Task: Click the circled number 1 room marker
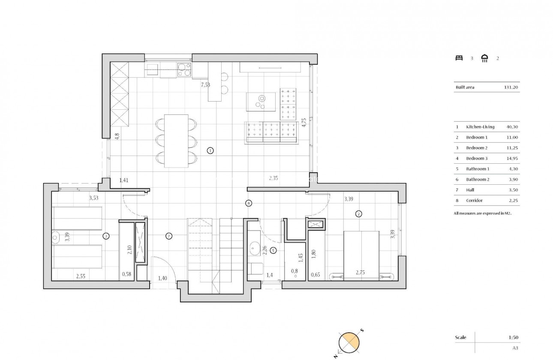point(210,150)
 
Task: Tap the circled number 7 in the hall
point(169,236)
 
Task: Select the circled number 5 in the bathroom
point(273,251)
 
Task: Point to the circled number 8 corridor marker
point(248,203)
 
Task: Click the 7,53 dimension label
point(206,85)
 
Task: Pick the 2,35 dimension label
point(273,178)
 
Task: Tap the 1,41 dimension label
point(123,180)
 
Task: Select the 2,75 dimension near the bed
point(361,272)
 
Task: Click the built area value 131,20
point(511,87)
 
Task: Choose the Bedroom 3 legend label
point(477,159)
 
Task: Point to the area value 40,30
point(513,127)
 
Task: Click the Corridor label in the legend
point(474,201)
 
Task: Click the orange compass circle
point(349,342)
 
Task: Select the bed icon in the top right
point(459,58)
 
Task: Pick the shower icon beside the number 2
point(485,58)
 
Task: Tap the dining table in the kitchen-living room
point(177,141)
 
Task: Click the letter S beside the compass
point(362,330)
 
